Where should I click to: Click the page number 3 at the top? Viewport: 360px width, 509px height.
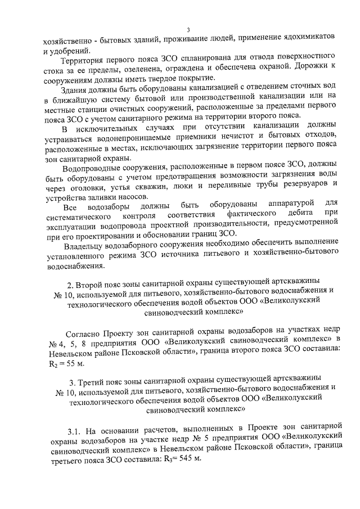188,29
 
